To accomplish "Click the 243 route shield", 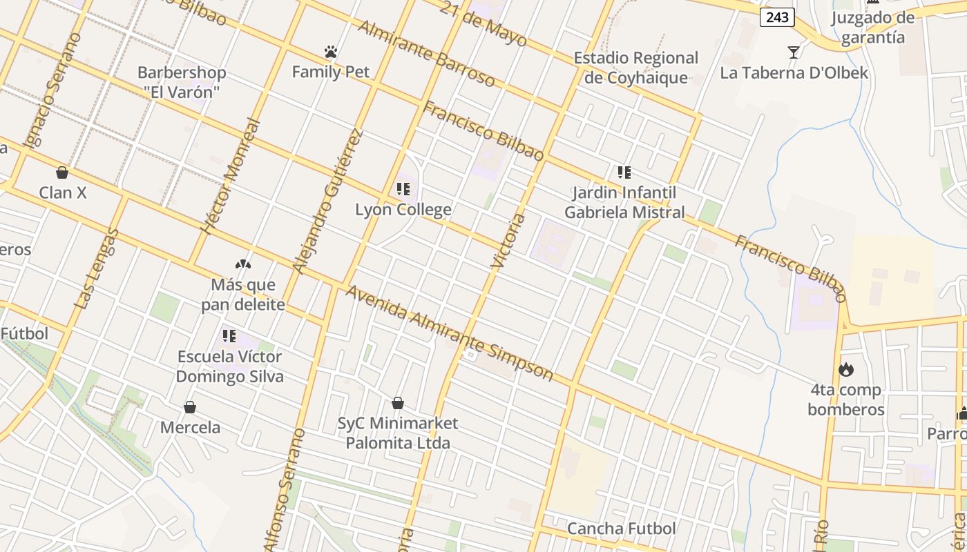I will click(777, 17).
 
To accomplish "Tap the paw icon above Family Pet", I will click(331, 52).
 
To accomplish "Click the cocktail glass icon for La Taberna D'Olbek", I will click(794, 52).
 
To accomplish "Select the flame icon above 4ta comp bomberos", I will click(845, 370).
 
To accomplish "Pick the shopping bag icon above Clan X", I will click(62, 172).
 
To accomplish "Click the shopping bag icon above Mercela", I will click(190, 408).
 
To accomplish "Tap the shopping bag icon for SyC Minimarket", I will click(398, 403).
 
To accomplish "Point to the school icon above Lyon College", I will click(403, 189).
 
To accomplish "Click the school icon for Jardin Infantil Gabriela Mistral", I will click(624, 172).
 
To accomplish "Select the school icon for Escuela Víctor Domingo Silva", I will click(229, 337).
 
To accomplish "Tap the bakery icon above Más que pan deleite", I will click(242, 264).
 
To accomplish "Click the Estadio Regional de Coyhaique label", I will click(636, 68).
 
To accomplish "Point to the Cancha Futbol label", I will click(621, 529).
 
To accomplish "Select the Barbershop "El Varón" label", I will click(182, 82).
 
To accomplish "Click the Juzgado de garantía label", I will click(872, 28).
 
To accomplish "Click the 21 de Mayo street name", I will click(483, 24).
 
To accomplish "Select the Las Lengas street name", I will click(97, 269).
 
